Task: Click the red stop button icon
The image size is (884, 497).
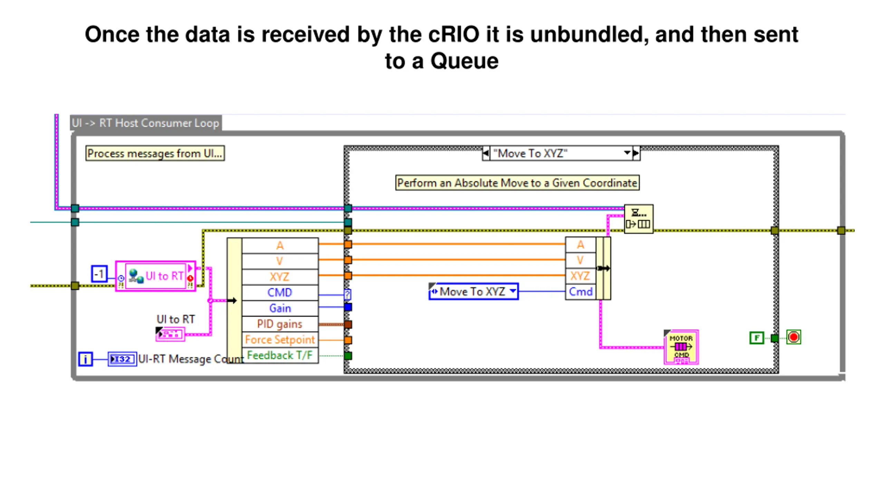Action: pos(794,337)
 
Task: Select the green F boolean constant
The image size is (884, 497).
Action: pos(757,338)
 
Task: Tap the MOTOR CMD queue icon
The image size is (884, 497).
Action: pos(681,347)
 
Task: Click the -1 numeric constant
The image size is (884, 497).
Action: pos(99,274)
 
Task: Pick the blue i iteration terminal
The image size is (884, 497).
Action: pos(85,359)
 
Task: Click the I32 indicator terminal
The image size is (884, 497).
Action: pos(122,359)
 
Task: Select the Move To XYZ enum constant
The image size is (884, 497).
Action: pos(473,292)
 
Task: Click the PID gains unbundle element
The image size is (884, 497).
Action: pos(280,324)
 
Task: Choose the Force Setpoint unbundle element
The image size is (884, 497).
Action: pos(280,340)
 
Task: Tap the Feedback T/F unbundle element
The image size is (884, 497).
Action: pos(280,355)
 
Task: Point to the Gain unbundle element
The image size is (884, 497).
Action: pos(280,308)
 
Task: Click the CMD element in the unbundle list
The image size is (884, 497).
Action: pos(280,293)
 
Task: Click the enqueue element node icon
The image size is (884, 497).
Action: pos(638,219)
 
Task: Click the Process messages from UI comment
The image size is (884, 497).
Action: pos(155,153)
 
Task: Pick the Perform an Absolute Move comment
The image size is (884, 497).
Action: pos(517,183)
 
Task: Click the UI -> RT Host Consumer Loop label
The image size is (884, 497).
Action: pos(146,123)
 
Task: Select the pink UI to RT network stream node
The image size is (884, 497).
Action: pos(156,276)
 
